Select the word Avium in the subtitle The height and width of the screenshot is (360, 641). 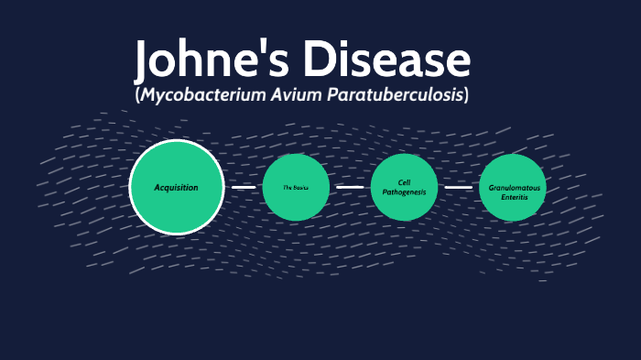(x=274, y=95)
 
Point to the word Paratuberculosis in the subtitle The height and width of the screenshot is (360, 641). (x=384, y=95)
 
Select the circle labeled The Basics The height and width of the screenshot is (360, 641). (x=296, y=187)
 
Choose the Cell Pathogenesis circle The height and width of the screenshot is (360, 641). (x=404, y=187)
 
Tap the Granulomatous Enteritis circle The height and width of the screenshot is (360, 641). (x=512, y=187)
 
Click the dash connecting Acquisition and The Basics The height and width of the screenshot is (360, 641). (x=244, y=187)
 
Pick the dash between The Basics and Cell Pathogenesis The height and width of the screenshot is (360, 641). (x=350, y=187)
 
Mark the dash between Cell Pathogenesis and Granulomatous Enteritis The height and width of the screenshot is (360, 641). (x=458, y=187)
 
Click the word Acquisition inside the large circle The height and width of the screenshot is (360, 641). (x=177, y=187)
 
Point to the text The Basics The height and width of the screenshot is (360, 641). (x=296, y=188)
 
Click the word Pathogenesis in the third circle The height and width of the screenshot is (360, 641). (x=404, y=192)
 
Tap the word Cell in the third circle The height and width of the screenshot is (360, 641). (x=404, y=181)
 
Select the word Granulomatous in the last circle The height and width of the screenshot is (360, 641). (x=514, y=187)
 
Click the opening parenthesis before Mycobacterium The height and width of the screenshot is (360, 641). (x=137, y=95)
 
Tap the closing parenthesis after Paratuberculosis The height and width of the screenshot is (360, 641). (x=466, y=95)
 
